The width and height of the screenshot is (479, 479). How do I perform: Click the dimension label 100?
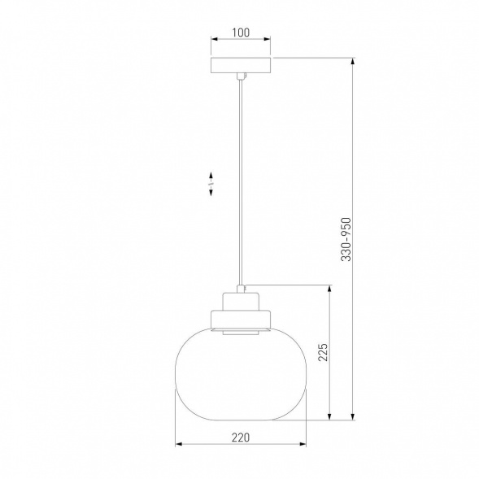click(241, 33)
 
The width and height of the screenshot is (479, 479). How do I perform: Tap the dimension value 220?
click(241, 438)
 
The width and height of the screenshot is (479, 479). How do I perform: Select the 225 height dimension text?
click(323, 352)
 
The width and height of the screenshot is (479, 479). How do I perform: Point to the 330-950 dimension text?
click(346, 239)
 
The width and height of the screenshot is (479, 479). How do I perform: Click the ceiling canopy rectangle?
click(241, 65)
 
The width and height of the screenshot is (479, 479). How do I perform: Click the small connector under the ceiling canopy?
click(241, 76)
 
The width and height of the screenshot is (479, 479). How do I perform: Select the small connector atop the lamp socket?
click(241, 289)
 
